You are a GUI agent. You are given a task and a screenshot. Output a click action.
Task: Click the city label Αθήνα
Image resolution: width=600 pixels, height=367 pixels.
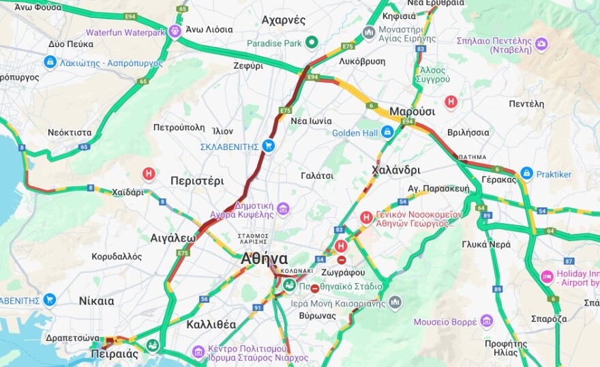coord(264,259)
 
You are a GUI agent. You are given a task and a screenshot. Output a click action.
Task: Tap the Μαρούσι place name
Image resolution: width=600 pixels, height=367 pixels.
coord(412,111)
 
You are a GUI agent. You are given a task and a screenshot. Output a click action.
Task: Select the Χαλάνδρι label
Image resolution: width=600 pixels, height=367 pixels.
coord(396,169)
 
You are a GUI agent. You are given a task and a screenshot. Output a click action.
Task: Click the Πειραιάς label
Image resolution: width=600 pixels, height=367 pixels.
coord(115,354)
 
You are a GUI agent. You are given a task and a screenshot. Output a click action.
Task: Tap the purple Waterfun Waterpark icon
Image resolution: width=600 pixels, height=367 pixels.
coord(176,31)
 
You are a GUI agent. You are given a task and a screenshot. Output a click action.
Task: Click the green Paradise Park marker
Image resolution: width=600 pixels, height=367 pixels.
coord(312,43)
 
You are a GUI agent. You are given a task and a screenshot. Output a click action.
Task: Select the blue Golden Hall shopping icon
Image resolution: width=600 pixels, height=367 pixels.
coord(387,132)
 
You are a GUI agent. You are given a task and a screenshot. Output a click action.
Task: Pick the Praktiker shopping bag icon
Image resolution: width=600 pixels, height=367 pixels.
coord(526,174)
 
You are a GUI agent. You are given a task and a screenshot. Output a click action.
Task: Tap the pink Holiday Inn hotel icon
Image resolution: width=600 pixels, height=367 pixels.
coord(547,276)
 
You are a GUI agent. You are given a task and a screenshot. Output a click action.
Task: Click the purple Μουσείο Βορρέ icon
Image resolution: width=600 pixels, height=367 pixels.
coord(486,321)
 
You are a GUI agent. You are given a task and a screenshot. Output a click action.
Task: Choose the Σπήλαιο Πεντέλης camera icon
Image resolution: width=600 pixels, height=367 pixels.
coord(541,44)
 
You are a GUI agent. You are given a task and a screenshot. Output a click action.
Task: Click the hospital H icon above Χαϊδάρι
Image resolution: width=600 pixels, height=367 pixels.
coord(149,175)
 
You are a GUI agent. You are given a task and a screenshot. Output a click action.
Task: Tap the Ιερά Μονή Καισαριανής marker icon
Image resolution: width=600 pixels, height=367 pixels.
coord(395,302)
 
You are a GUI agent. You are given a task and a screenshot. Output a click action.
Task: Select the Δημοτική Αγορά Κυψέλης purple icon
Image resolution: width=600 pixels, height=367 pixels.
coord(283,209)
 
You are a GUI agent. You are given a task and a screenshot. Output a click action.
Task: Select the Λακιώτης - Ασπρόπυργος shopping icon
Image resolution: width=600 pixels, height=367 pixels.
coord(50,63)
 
